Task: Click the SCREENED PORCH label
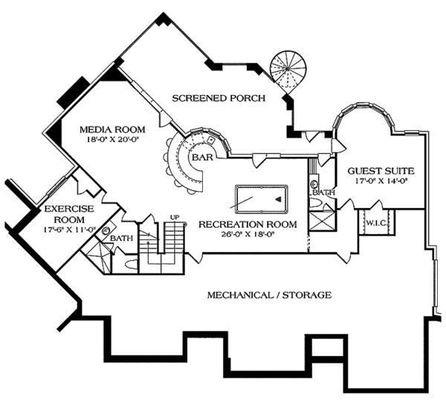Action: (x=219, y=98)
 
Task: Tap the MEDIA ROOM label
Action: (x=112, y=130)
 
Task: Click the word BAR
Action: (x=202, y=157)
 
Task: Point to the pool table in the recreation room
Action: (x=261, y=199)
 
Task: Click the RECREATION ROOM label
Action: (x=248, y=225)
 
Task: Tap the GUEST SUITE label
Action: (x=381, y=171)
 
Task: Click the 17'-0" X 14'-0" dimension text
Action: (x=381, y=181)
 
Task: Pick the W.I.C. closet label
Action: (x=376, y=223)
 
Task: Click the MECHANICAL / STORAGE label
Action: (x=269, y=295)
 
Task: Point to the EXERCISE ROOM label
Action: (x=69, y=214)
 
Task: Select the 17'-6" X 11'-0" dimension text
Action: (x=69, y=230)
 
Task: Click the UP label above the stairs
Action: (x=175, y=217)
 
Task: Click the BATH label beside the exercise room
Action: (x=121, y=238)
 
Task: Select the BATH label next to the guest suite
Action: (x=324, y=193)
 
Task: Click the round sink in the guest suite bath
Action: (x=314, y=184)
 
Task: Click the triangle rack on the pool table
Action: (x=278, y=199)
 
